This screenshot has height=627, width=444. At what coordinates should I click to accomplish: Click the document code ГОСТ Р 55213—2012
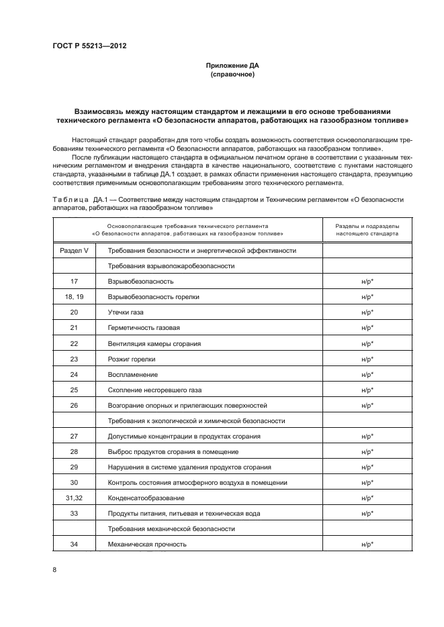pyautogui.click(x=89, y=46)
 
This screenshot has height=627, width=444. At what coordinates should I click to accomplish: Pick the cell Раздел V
pyautogui.click(x=74, y=250)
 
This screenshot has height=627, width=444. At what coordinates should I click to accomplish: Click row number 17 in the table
pyautogui.click(x=74, y=281)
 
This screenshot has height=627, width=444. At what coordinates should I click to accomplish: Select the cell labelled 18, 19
pyautogui.click(x=74, y=296)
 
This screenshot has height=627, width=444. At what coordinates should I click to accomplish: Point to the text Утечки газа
pyautogui.click(x=126, y=312)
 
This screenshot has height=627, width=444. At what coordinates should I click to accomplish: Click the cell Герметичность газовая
pyautogui.click(x=144, y=327)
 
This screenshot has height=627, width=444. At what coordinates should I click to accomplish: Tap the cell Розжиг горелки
pyautogui.click(x=132, y=359)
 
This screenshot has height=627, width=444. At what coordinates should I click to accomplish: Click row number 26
pyautogui.click(x=74, y=405)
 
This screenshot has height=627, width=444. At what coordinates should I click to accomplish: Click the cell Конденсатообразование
pyautogui.click(x=146, y=498)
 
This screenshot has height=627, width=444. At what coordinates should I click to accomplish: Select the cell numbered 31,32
pyautogui.click(x=74, y=498)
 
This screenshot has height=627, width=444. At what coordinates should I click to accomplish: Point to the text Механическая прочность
pyautogui.click(x=147, y=544)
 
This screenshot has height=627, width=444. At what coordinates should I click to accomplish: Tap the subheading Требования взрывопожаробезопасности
pyautogui.click(x=171, y=266)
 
